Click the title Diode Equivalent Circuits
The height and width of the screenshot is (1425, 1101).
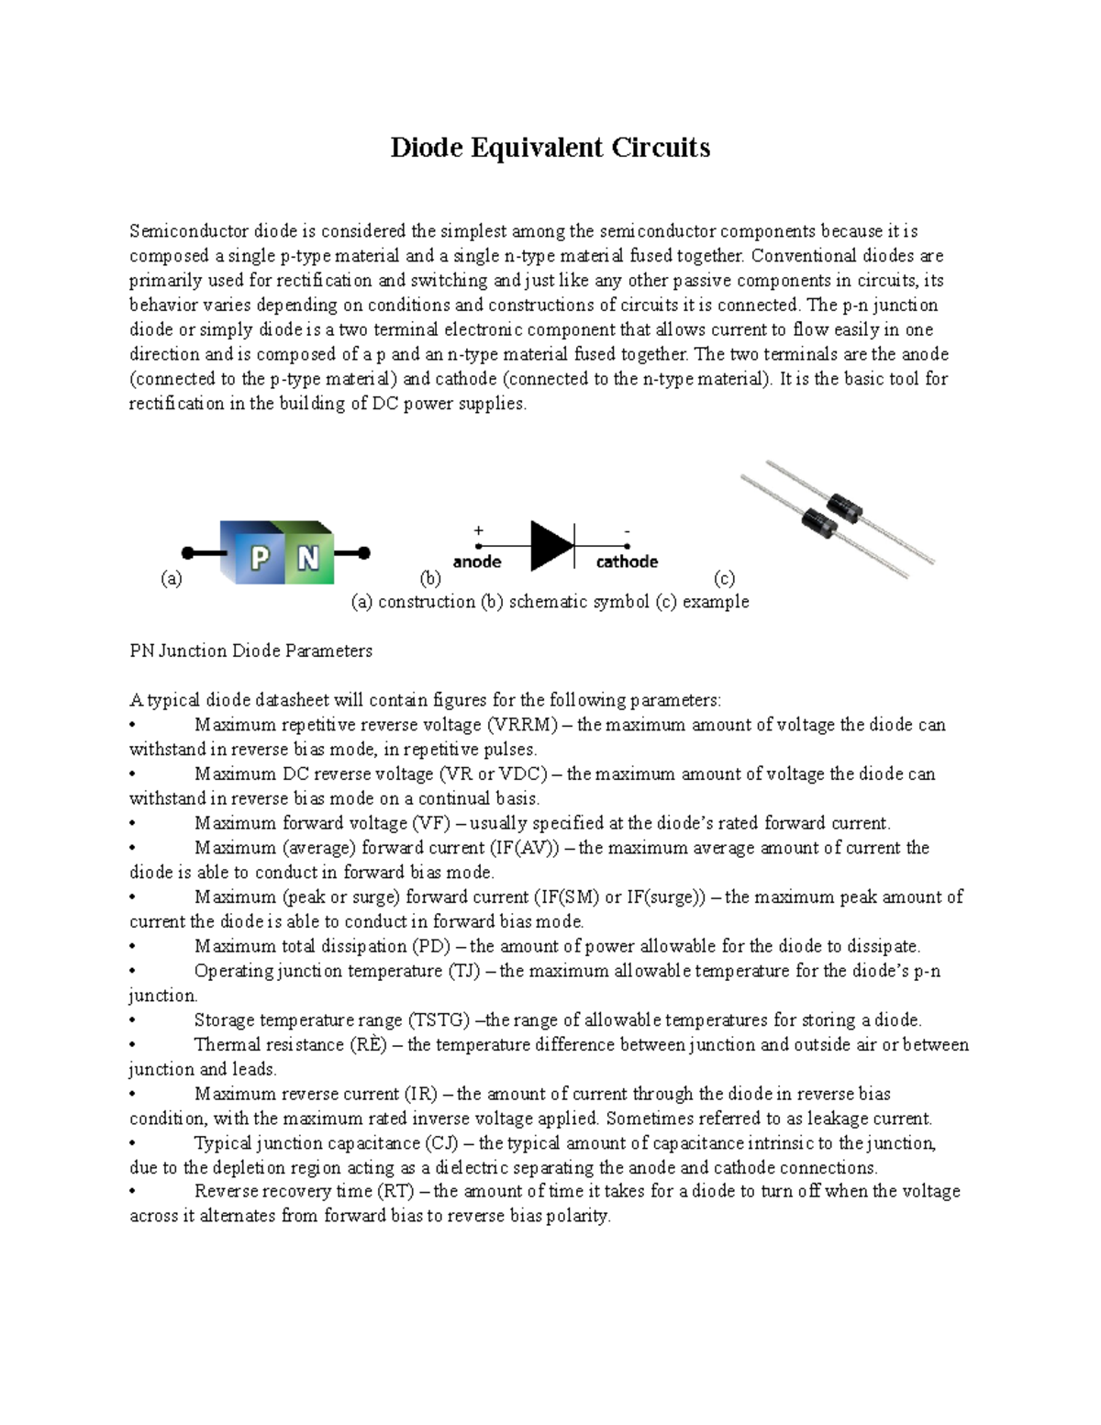550,148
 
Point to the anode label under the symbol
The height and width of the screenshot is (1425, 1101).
476,562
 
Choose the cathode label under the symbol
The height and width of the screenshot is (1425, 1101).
627,562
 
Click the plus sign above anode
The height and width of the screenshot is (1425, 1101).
478,530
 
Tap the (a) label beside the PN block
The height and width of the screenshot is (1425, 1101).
172,578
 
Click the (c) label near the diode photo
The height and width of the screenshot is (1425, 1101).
724,578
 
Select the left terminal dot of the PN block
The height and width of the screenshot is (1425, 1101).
187,553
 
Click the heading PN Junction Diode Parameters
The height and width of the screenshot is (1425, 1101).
250,651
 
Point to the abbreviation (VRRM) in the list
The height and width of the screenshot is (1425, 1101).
522,725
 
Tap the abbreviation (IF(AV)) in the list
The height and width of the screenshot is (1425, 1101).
523,848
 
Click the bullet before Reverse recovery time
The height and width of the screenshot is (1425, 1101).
133,1192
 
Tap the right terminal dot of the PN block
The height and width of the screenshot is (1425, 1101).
363,553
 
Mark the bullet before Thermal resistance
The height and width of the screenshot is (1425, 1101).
133,1045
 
